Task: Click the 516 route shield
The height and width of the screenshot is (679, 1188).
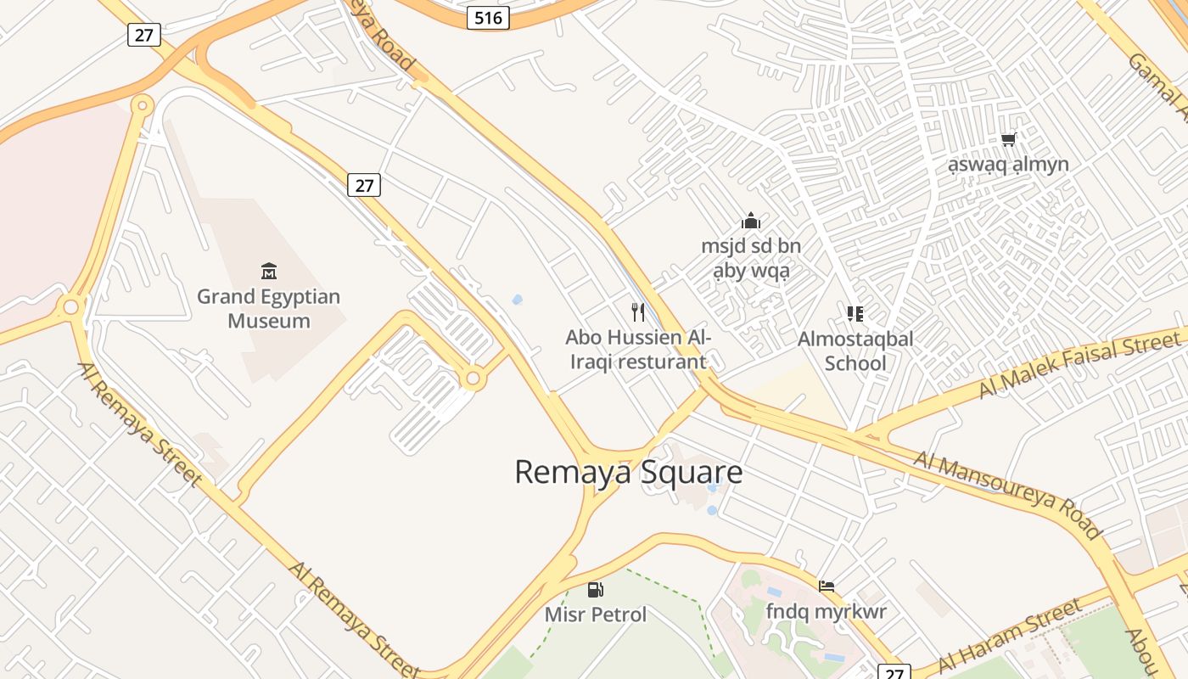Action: (488, 18)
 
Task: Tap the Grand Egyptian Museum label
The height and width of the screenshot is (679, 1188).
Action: (269, 309)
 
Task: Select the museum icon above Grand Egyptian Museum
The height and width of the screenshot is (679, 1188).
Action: (269, 272)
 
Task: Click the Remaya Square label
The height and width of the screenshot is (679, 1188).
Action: (628, 472)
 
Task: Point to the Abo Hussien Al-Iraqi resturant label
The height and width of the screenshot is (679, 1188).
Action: (638, 350)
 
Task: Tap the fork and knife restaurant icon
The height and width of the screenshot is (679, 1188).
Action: (638, 312)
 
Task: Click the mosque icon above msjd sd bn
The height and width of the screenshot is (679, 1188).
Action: (751, 222)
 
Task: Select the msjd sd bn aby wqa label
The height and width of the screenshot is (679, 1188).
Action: (751, 259)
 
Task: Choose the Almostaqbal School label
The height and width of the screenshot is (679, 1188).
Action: (855, 351)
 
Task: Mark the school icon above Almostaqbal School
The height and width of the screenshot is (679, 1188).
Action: (855, 314)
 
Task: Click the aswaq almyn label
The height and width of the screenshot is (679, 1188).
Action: (1008, 164)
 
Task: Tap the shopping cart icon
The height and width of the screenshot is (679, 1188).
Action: (1008, 139)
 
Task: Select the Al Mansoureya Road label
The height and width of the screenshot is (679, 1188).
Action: (1007, 495)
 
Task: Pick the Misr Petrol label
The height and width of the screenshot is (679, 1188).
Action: (596, 614)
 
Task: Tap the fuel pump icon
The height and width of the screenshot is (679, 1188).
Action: (596, 590)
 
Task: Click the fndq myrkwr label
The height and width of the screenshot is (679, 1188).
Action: (826, 611)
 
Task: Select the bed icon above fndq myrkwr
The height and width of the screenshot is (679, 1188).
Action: (826, 586)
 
